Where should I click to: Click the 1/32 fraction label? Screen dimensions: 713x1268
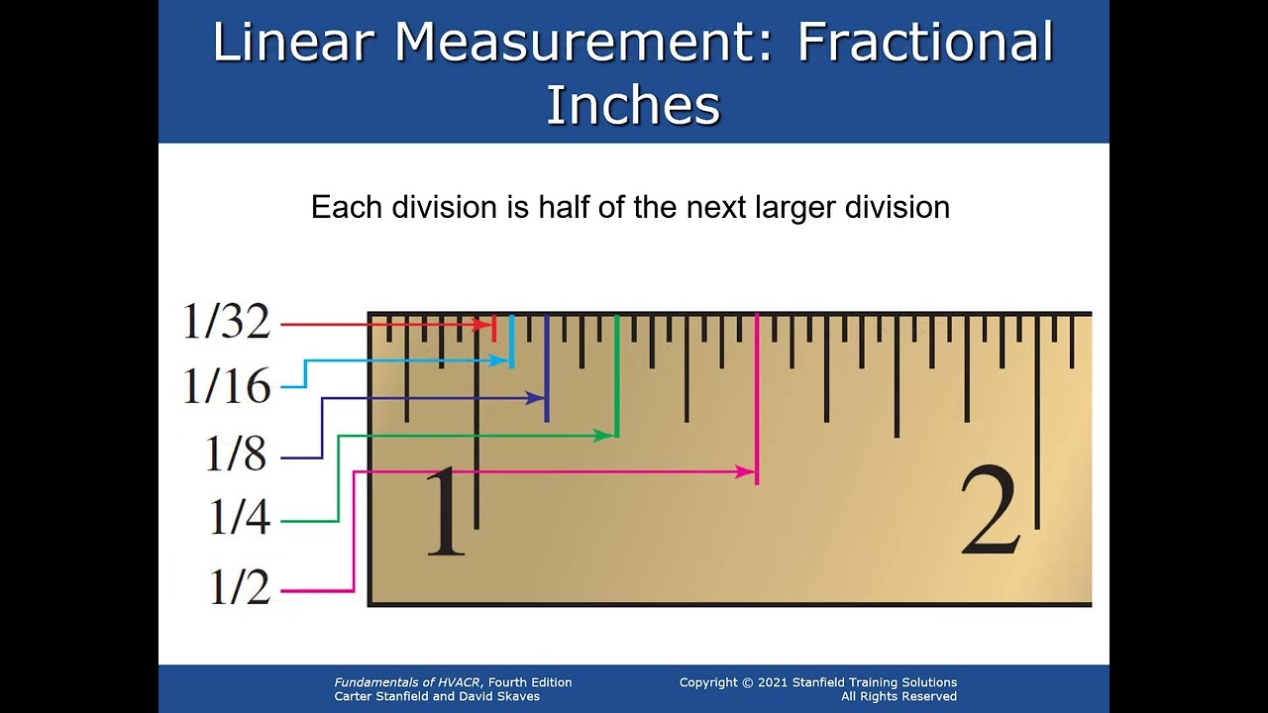[x=226, y=322]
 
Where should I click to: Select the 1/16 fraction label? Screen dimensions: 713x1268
[x=226, y=386]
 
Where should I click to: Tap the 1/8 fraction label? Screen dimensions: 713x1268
[x=236, y=454]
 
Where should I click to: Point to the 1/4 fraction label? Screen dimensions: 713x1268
[x=239, y=518]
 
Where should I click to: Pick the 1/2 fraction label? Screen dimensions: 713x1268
[x=239, y=587]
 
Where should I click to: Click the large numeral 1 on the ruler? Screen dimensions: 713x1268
[x=444, y=512]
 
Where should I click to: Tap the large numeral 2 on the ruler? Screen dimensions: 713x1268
[x=989, y=512]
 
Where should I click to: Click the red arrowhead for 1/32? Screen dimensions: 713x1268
[x=484, y=324]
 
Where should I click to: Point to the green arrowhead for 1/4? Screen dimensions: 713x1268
[x=603, y=435]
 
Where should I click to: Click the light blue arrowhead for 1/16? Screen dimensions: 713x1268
[x=502, y=360]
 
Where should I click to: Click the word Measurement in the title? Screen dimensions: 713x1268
[x=583, y=43]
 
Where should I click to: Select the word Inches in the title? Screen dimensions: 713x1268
[x=633, y=105]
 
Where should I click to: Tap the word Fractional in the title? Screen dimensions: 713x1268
[x=925, y=43]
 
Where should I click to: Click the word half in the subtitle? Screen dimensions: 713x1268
[x=564, y=207]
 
